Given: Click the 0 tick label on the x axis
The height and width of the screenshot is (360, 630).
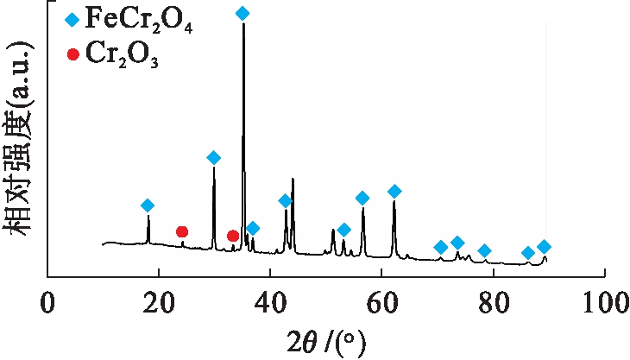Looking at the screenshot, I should [x=47, y=304].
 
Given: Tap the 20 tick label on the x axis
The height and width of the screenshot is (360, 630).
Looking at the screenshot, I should [x=158, y=304].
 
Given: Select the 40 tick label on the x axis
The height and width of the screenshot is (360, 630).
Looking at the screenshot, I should [x=270, y=304].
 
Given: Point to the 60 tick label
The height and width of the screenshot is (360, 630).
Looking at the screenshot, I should [x=381, y=304].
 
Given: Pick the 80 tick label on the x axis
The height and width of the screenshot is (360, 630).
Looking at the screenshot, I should [x=493, y=304].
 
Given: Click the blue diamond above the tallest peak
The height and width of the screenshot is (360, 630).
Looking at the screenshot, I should [x=243, y=13].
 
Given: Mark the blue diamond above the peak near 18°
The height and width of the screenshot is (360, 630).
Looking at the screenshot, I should [x=148, y=205].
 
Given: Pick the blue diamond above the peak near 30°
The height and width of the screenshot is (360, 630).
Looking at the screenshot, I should [x=214, y=157].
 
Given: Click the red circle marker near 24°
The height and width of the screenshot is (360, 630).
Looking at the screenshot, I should [x=182, y=231].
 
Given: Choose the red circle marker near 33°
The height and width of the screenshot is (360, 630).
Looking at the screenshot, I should [x=232, y=236].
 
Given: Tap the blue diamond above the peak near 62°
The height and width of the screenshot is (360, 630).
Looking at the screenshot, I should [x=394, y=191].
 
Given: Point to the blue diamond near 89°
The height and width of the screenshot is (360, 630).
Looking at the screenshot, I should [x=544, y=247].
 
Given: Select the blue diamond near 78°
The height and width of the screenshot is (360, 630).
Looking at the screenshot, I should [x=484, y=250].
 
